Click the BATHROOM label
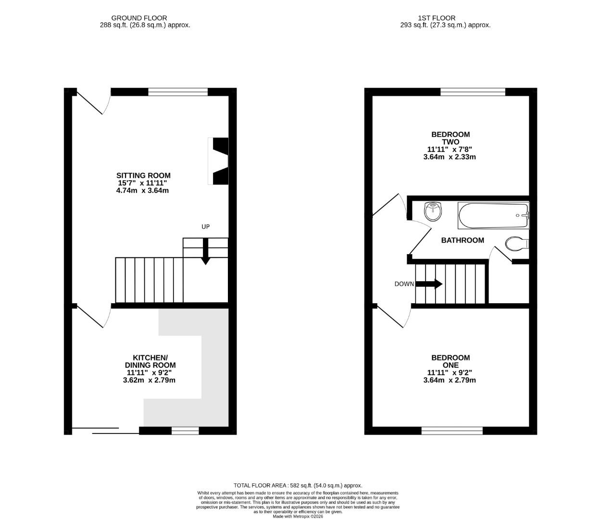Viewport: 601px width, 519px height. tap(463, 240)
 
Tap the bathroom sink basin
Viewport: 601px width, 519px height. tap(433, 211)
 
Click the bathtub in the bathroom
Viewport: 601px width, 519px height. tap(493, 216)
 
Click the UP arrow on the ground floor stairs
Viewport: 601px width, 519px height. tap(205, 251)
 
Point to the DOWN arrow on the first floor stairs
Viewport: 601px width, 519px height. tap(429, 284)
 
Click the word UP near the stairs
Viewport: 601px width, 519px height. tap(205, 227)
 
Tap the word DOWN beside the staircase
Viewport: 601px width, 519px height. tap(404, 284)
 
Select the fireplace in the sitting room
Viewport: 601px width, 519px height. tap(218, 161)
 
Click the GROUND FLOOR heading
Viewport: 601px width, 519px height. tap(139, 18)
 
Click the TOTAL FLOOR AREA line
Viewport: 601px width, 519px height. tap(298, 485)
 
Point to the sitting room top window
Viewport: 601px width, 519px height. tap(178, 92)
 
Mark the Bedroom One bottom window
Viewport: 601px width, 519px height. tap(452, 430)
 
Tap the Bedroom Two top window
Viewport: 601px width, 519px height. tap(473, 92)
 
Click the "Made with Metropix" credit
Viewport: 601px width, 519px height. tap(298, 517)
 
